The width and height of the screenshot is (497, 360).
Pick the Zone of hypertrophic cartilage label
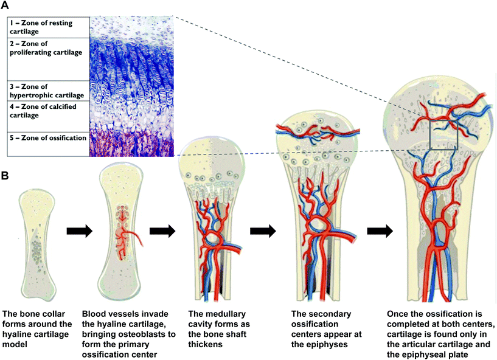tap(46, 91)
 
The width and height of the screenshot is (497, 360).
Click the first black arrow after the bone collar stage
tap(79, 231)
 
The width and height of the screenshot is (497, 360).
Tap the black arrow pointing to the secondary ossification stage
tap(262, 231)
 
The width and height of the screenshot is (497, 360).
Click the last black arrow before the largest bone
tap(378, 231)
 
